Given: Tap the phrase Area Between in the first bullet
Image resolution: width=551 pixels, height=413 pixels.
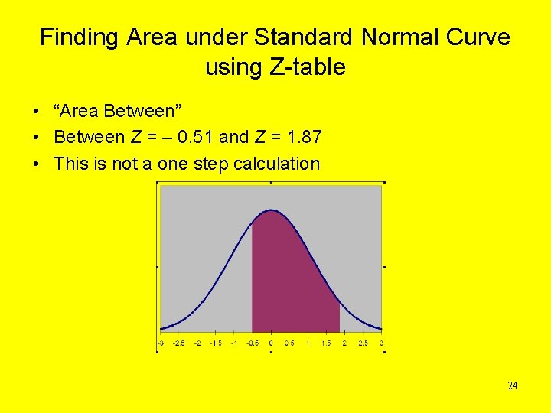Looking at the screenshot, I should (x=117, y=112).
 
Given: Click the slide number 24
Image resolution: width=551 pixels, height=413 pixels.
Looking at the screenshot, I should (x=513, y=385).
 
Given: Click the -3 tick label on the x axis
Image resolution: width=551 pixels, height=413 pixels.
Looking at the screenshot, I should (x=160, y=343).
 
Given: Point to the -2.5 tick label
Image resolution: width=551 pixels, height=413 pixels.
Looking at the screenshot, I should (x=178, y=343).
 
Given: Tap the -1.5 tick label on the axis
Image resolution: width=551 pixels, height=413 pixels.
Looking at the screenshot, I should (x=216, y=343).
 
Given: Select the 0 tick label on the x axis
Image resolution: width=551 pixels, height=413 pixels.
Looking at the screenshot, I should (x=271, y=343).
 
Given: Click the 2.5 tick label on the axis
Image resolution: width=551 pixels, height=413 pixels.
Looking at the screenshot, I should (x=363, y=343).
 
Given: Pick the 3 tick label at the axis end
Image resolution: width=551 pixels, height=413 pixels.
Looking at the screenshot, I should (x=381, y=343).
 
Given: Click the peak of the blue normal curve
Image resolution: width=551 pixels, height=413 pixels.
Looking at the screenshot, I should (x=271, y=210).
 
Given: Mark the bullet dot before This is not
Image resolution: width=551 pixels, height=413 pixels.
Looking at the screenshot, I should (x=37, y=164).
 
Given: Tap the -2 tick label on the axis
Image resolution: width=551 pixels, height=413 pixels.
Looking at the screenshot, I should (x=197, y=343).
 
